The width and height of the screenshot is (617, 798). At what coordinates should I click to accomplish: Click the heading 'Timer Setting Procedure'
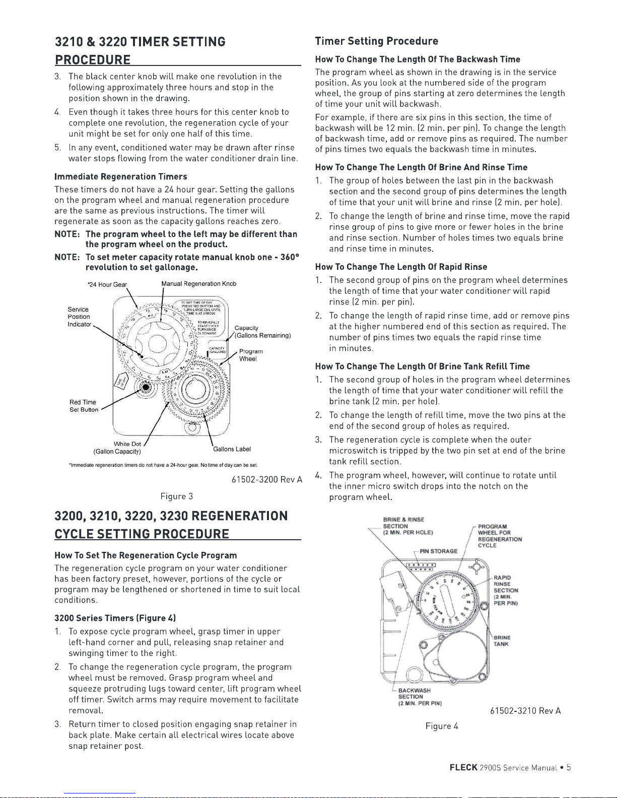(x=376, y=41)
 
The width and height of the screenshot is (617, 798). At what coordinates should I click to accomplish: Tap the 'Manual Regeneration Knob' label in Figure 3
(x=198, y=284)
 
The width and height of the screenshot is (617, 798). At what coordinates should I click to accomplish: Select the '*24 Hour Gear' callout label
(x=107, y=285)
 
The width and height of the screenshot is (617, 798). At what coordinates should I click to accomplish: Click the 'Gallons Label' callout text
(x=232, y=449)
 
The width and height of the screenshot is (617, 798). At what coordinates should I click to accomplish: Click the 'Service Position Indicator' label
(x=79, y=317)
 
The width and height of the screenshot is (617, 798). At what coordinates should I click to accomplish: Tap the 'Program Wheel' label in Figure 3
(x=250, y=355)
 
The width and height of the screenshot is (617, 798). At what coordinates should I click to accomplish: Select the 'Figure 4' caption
(x=442, y=726)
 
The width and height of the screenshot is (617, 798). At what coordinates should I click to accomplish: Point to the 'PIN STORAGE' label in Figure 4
(x=438, y=551)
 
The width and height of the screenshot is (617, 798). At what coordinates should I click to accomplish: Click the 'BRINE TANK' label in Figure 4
(x=501, y=640)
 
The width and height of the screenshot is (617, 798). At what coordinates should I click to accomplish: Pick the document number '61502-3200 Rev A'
(x=266, y=480)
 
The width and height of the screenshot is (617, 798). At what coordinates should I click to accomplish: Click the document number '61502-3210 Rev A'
(x=525, y=711)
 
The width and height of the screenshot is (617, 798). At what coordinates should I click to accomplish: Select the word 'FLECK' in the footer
(x=463, y=768)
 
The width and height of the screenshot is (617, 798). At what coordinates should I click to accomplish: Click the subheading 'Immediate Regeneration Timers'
(x=120, y=177)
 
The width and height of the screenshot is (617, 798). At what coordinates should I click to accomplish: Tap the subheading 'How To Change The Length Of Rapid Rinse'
(x=401, y=267)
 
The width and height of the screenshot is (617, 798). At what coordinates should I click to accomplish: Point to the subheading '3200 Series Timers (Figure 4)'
(x=115, y=618)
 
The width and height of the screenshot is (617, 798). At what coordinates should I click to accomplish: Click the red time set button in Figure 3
(x=146, y=387)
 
